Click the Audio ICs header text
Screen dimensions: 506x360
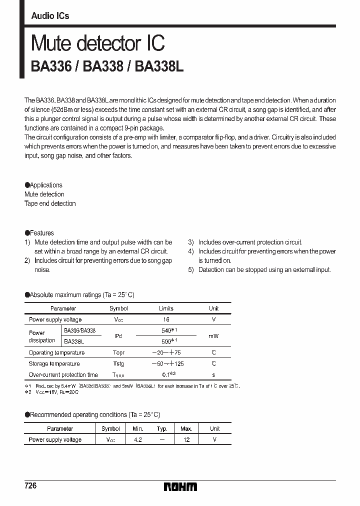50,16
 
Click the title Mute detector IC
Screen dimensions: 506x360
97,43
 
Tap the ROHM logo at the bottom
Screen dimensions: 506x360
180,486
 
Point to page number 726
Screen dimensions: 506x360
30,486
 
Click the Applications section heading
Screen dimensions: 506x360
43,185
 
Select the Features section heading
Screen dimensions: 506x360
39,233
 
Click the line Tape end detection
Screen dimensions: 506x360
50,203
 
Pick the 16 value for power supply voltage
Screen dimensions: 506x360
166,319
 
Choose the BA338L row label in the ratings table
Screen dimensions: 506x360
74,341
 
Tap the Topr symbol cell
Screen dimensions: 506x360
118,353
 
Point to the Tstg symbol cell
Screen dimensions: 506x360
118,364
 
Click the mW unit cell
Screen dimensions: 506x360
213,336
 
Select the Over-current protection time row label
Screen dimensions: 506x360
63,375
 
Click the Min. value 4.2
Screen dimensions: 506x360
138,439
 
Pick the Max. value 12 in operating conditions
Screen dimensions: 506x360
186,439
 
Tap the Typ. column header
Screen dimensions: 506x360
162,428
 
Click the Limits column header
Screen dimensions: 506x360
166,308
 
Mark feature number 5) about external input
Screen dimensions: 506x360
260,270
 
